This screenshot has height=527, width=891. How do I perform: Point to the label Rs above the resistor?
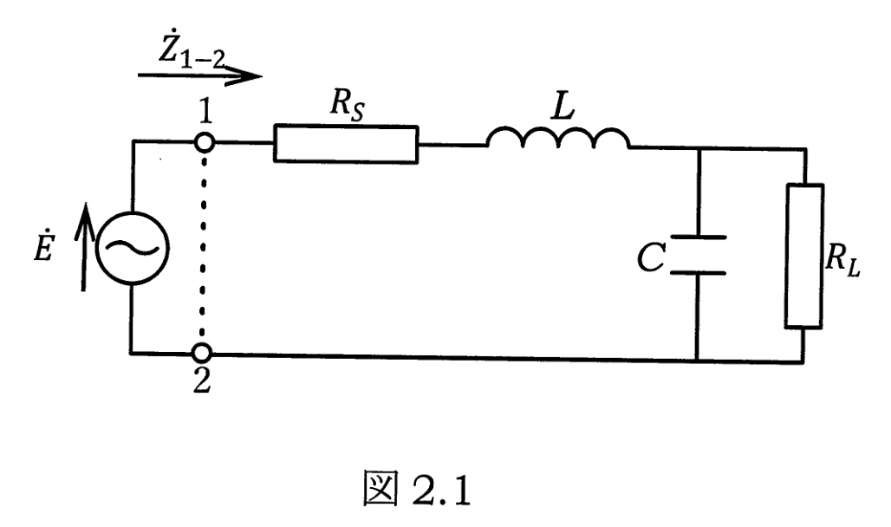pos(348,106)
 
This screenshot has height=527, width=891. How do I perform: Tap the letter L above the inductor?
pos(563,106)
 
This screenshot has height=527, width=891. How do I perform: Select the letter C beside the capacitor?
pos(651,257)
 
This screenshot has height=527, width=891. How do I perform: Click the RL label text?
pos(842,260)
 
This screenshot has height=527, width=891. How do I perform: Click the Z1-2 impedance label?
pos(191,52)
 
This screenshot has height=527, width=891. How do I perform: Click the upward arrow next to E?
pos(84,247)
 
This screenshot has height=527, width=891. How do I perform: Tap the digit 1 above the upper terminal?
pos(205,112)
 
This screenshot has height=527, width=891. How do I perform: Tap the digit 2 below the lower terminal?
pos(202,381)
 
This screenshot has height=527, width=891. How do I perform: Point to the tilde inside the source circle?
pos(132,248)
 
